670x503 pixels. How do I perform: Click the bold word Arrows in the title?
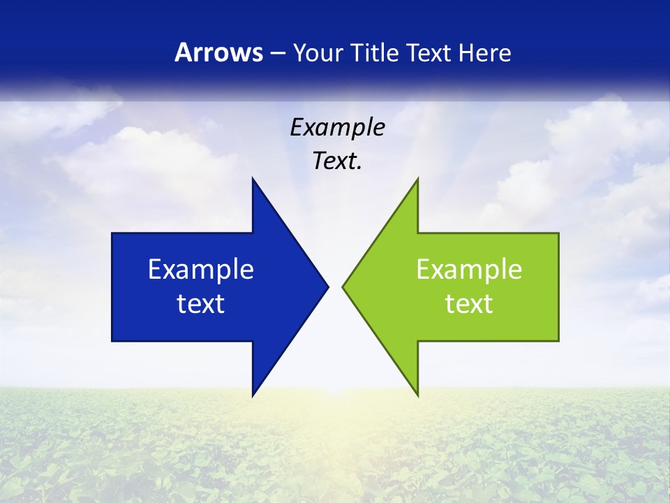tap(218, 52)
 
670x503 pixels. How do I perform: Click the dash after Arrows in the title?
tap(277, 53)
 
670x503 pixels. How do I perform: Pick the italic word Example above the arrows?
tap(337, 128)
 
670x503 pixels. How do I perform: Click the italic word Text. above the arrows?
tap(337, 161)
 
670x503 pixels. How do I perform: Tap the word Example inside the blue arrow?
tap(201, 270)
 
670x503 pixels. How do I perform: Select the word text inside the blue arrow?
tap(201, 304)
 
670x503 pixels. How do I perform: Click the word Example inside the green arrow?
tap(469, 270)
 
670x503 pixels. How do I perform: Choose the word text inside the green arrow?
tap(469, 304)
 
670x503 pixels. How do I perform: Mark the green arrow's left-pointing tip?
tap(343, 286)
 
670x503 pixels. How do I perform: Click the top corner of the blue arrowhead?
tap(253, 179)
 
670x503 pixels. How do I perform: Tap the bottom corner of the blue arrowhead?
tap(253, 395)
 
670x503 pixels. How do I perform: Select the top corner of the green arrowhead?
tap(417, 179)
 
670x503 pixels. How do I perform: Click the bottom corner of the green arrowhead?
tap(417, 395)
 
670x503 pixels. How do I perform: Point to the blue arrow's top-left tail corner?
tap(112, 233)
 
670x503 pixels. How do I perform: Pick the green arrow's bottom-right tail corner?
tap(558, 340)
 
